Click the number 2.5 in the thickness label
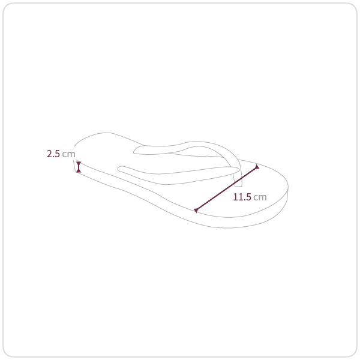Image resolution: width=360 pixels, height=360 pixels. click(x=53, y=154)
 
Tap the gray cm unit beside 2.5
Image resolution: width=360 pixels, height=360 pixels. click(x=68, y=154)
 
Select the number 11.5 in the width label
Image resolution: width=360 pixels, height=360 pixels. click(x=242, y=197)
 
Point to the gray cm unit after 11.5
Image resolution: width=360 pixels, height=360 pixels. click(x=260, y=197)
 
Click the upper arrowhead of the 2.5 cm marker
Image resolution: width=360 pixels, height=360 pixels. click(x=79, y=163)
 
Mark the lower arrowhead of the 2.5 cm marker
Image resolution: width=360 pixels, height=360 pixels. click(x=79, y=170)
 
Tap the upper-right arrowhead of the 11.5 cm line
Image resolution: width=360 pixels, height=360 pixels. click(x=257, y=167)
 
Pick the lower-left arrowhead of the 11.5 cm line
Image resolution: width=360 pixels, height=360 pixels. click(x=196, y=211)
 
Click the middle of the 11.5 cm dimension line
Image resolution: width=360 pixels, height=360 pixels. click(x=227, y=188)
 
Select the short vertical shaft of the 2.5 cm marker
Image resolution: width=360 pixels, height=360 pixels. click(x=79, y=167)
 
